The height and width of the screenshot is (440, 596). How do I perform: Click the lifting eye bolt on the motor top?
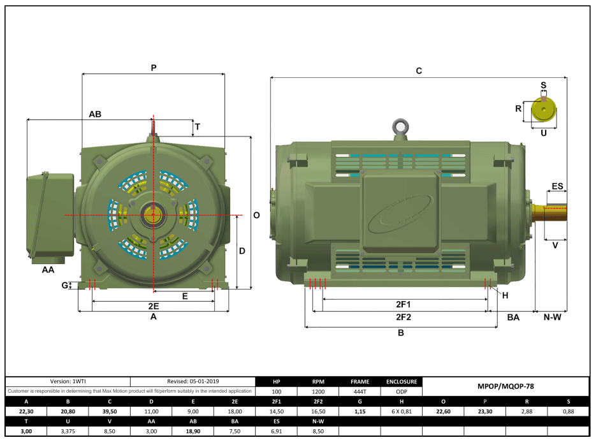[401, 126]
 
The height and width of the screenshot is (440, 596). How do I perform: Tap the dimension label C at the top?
[419, 71]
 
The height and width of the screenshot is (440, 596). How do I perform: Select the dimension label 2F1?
[403, 304]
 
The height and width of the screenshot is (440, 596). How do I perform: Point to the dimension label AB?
[96, 114]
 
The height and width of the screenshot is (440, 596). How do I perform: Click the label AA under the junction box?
[48, 270]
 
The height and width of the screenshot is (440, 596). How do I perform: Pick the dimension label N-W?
[551, 317]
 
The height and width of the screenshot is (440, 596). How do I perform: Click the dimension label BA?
[513, 317]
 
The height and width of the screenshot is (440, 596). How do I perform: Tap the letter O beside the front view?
[256, 216]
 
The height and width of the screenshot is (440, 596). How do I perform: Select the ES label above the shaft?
[557, 186]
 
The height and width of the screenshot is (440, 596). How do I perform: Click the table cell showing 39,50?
[110, 411]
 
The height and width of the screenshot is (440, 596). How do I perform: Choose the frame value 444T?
[360, 392]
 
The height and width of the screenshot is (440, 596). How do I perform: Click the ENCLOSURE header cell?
[402, 381]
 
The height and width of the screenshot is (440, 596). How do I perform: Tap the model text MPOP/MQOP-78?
[505, 386]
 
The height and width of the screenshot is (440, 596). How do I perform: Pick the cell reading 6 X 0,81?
[402, 411]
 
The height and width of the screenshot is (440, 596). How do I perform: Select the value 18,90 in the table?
[193, 431]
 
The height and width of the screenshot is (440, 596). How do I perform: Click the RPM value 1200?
[318, 392]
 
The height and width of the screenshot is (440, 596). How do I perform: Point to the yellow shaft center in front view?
[153, 215]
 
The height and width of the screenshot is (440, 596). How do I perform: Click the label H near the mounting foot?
[505, 295]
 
